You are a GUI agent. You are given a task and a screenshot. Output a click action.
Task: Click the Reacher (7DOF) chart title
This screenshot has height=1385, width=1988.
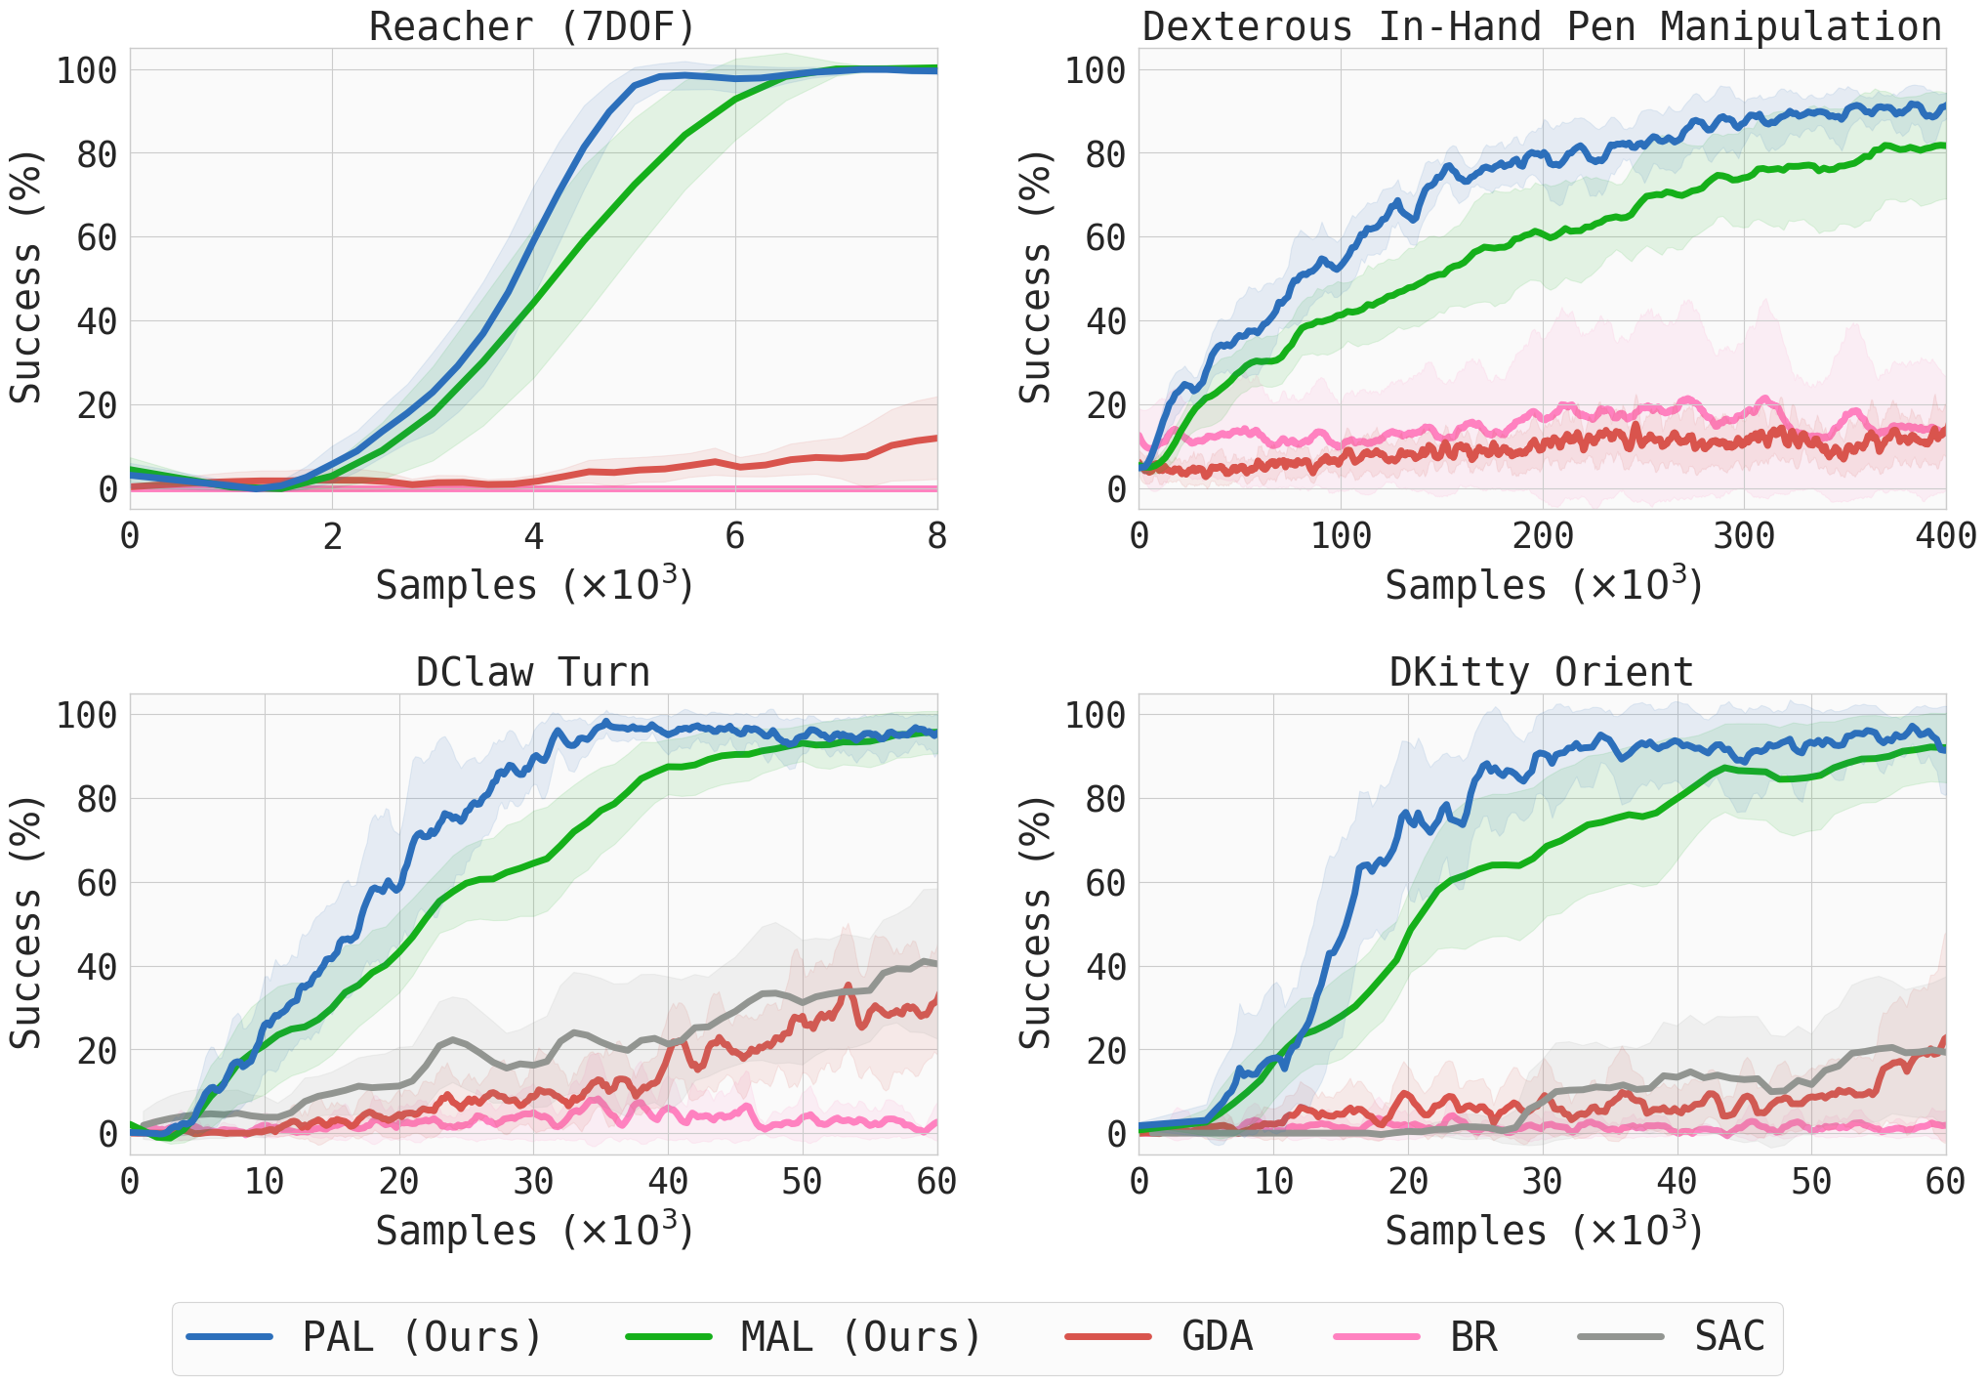point(532,26)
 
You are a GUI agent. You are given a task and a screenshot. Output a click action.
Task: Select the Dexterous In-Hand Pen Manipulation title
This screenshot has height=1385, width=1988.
point(1542,26)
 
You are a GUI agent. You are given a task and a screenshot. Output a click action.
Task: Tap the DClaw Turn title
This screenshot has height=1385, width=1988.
point(532,672)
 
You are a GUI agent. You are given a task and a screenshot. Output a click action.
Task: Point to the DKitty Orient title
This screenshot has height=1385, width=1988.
point(1542,672)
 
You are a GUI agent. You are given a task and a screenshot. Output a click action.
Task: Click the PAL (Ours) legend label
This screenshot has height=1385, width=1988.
point(422,1336)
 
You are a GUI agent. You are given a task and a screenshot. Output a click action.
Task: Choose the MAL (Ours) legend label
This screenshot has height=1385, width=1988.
point(861,1336)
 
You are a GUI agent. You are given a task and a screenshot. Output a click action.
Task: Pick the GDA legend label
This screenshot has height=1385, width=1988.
point(1217,1336)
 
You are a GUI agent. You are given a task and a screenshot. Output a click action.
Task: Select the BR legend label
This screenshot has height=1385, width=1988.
point(1473,1336)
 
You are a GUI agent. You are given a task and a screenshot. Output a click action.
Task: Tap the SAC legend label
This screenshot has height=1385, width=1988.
point(1729,1336)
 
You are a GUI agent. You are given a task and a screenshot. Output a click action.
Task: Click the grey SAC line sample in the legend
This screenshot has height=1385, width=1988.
point(1621,1336)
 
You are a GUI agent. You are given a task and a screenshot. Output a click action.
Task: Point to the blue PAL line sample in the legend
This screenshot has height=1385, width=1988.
point(229,1336)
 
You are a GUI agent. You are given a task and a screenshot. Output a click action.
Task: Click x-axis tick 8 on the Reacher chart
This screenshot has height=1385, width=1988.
point(936,536)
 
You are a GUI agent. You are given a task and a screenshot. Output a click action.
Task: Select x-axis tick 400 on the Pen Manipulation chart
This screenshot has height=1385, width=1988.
point(1945,536)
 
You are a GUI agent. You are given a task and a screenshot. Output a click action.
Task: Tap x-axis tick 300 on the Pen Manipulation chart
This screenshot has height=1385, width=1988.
point(1744,536)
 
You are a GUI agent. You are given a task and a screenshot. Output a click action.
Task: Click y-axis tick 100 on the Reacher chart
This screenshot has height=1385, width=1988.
point(86,70)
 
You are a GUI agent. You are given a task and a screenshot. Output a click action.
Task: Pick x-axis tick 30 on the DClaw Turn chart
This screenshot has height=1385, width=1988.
point(533,1182)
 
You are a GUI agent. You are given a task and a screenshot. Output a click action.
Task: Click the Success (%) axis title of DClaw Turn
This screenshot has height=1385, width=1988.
point(26,923)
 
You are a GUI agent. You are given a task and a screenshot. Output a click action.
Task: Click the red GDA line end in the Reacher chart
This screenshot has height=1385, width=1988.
point(936,438)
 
